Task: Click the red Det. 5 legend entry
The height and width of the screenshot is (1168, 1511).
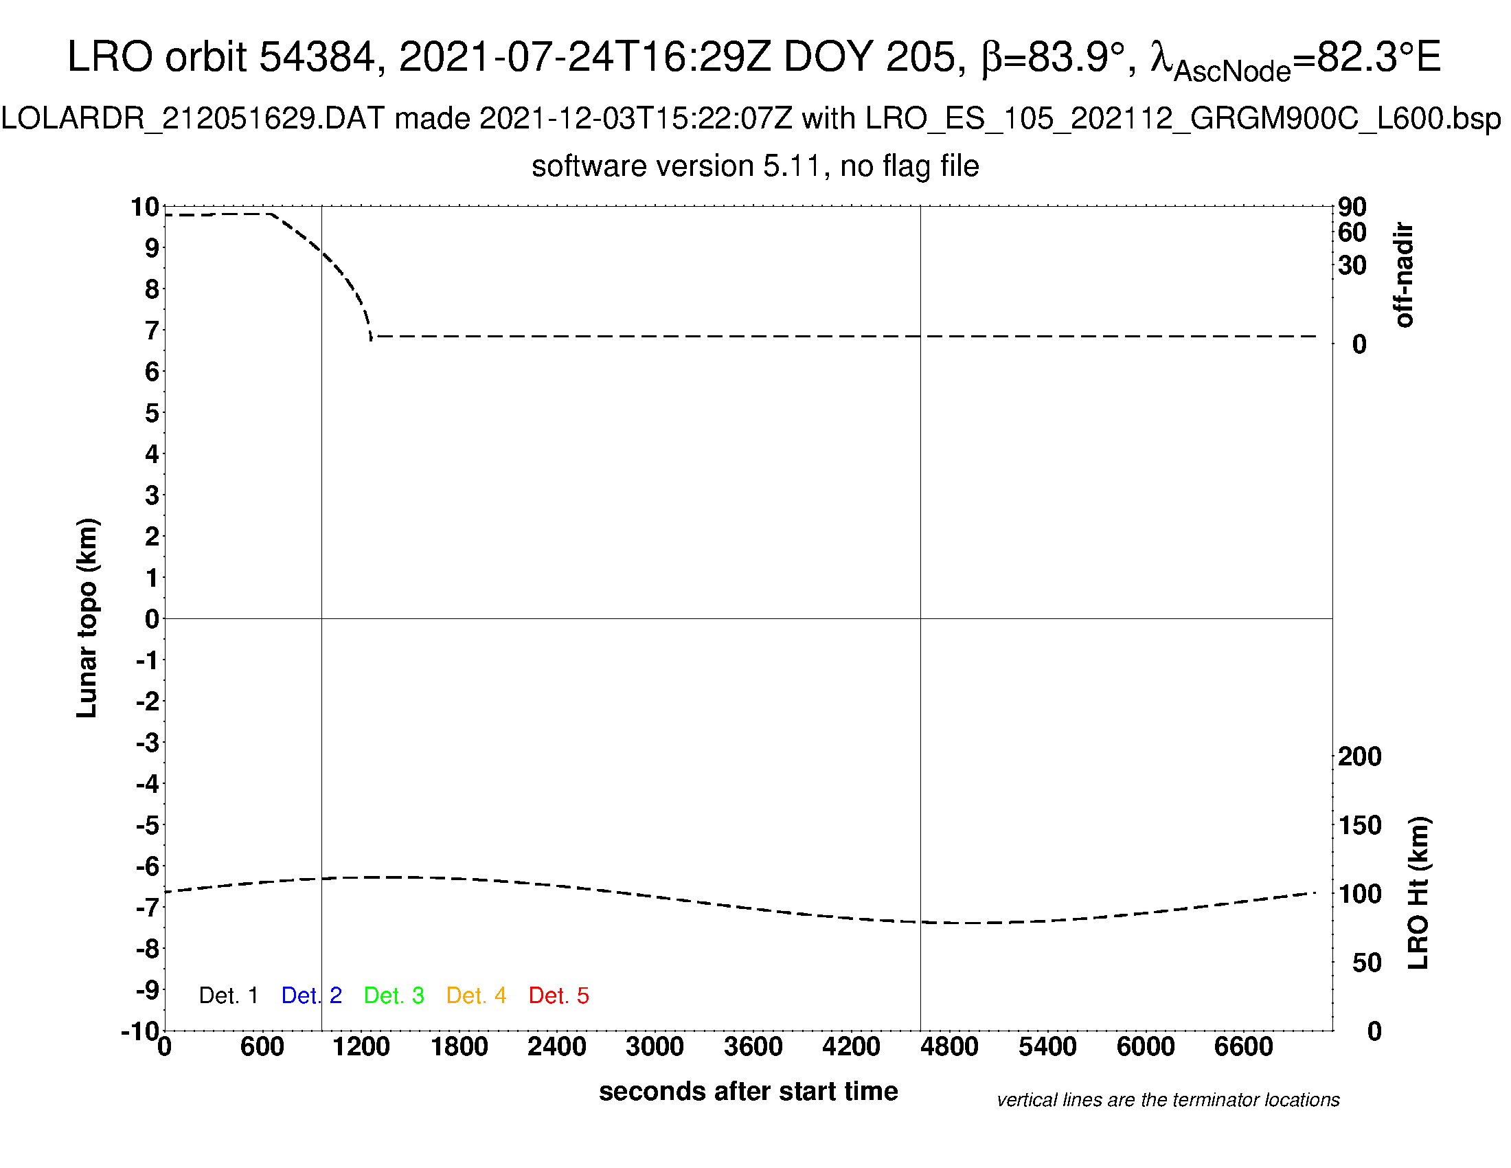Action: [x=558, y=996]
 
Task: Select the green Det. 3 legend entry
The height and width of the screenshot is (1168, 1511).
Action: [x=394, y=996]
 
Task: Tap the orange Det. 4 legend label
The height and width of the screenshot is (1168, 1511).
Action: [x=476, y=996]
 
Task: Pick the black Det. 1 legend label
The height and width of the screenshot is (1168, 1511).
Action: [x=228, y=996]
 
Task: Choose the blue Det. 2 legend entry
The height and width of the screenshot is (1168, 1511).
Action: [x=311, y=996]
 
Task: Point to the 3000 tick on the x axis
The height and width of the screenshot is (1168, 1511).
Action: [x=655, y=1047]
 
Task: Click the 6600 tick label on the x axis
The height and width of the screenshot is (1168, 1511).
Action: [x=1243, y=1047]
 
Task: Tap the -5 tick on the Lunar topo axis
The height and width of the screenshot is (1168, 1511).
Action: [x=148, y=825]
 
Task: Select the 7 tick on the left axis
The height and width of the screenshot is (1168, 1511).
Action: [x=152, y=330]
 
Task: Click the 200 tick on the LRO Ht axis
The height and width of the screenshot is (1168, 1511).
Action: [x=1359, y=757]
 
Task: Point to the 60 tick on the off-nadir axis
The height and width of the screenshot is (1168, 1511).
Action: [x=1352, y=233]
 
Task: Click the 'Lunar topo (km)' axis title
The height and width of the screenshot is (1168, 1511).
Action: [x=87, y=618]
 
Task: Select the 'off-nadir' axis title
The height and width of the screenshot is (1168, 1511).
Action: [x=1404, y=275]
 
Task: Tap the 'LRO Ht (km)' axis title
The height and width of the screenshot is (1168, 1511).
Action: [x=1418, y=893]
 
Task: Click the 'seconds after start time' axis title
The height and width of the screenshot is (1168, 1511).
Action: [x=748, y=1091]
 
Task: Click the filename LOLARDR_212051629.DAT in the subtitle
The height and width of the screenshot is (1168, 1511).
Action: [x=193, y=119]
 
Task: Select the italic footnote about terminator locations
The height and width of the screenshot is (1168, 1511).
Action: [x=1168, y=1100]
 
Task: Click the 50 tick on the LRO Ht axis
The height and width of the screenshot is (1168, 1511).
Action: [x=1366, y=963]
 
